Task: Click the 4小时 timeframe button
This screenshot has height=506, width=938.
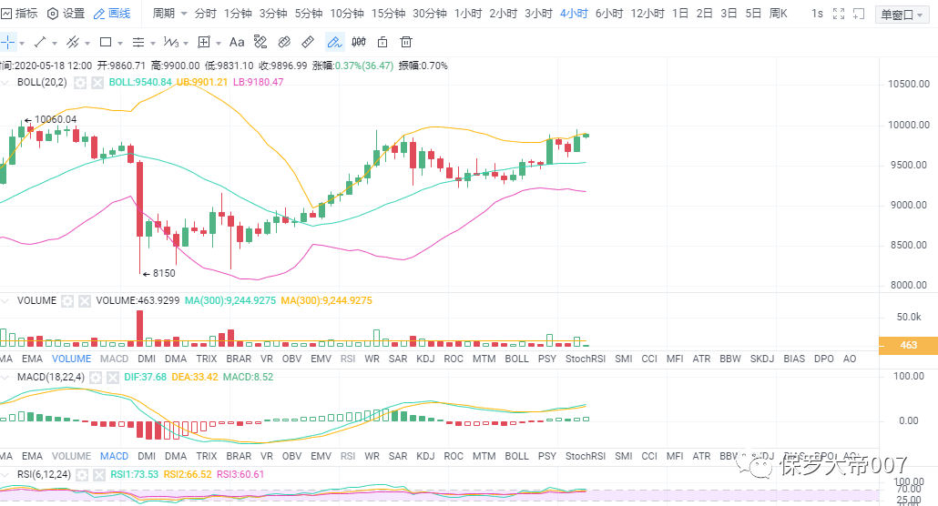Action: [x=573, y=14]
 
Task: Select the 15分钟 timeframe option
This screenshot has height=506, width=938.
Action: [x=389, y=14]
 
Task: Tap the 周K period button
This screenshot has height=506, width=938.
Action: [x=778, y=14]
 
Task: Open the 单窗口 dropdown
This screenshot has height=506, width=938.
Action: [x=902, y=15]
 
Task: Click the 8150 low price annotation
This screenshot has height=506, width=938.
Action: [x=163, y=273]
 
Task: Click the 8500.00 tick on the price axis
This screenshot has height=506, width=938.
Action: [x=907, y=246]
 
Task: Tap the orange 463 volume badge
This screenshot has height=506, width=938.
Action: [x=908, y=345]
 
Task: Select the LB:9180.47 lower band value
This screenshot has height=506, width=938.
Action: [x=258, y=82]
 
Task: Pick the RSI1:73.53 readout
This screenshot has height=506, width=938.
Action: [x=135, y=474]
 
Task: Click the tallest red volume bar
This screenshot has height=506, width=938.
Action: [x=139, y=328]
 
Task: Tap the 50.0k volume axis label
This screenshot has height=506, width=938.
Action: [x=909, y=317]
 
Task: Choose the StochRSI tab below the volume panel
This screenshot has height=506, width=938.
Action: [x=586, y=359]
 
